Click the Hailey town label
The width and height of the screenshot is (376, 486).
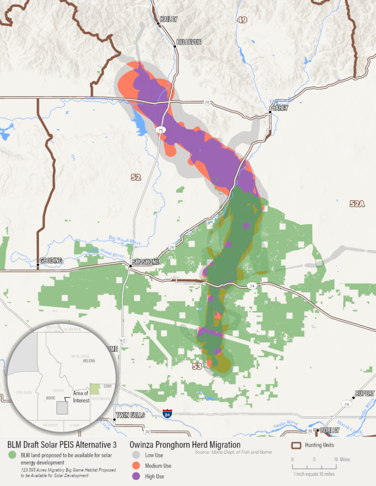pos(168,19)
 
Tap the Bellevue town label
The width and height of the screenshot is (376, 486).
pos(189,42)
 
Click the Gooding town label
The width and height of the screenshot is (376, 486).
pos(51,261)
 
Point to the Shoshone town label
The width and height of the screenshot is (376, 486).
pos(145,262)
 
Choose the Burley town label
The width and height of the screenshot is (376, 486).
pos(330,430)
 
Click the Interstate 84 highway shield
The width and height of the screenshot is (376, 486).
pos(167,413)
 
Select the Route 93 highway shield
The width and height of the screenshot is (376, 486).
pos(123,340)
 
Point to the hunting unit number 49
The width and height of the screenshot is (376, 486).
pos(242,20)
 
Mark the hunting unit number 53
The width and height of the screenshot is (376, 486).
pos(197,366)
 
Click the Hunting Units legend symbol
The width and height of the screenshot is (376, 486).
pos(297,445)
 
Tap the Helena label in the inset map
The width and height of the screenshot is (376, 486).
pos(89,361)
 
